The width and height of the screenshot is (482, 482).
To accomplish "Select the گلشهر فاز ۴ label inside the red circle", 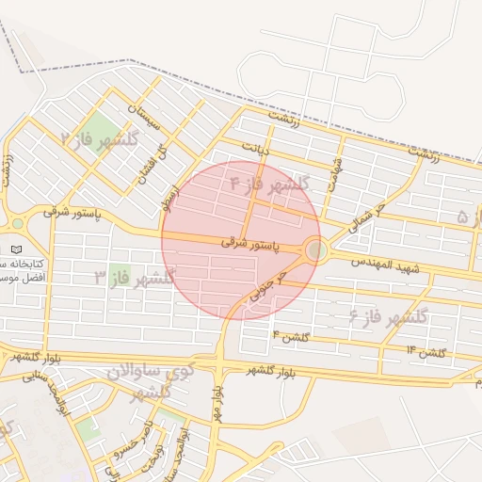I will (270, 185).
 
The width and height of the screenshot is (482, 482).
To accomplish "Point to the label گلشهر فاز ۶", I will (389, 315).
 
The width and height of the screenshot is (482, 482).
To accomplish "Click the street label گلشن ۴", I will (289, 336).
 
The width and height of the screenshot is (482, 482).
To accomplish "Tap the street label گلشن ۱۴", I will (425, 352).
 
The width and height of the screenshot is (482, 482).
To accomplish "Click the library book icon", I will (16, 249).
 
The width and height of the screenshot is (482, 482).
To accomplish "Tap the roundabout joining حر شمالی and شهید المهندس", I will (316, 250).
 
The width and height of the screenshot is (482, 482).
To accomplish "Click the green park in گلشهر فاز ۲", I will (97, 128).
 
